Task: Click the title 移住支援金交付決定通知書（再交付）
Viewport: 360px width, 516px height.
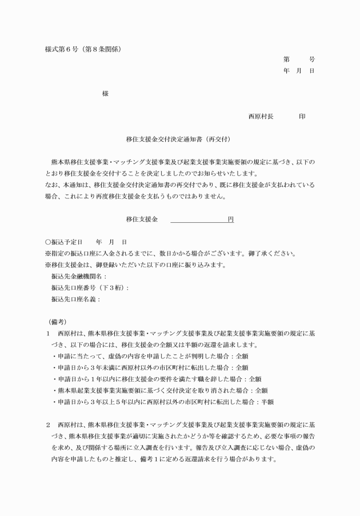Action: (x=178, y=139)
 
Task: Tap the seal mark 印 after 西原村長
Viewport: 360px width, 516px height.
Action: (x=302, y=117)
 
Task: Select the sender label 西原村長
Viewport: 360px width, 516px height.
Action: (x=261, y=117)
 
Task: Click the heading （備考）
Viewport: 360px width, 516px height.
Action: (x=57, y=322)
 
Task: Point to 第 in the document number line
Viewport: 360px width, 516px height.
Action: (x=286, y=59)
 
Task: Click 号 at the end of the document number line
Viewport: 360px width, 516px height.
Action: (x=311, y=59)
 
